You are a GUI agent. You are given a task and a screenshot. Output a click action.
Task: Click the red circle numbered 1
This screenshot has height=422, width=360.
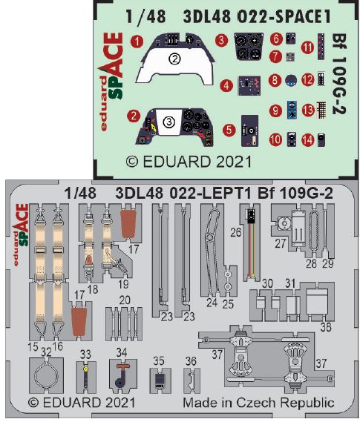pyautogui.click(x=137, y=42)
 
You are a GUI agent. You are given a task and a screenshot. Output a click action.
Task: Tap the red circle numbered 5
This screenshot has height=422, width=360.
pyautogui.click(x=229, y=130)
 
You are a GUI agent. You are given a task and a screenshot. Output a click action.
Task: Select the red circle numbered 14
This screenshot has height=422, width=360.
pyautogui.click(x=308, y=140)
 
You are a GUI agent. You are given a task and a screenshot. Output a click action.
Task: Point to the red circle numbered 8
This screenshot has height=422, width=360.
pyautogui.click(x=275, y=80)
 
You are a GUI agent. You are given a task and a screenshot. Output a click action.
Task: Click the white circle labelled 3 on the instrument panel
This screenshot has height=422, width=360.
pyautogui.click(x=169, y=122)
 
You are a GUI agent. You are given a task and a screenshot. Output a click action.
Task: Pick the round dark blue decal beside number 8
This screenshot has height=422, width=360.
pyautogui.click(x=291, y=81)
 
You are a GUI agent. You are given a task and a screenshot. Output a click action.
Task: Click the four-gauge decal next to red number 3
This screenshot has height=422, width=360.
pyautogui.click(x=248, y=46)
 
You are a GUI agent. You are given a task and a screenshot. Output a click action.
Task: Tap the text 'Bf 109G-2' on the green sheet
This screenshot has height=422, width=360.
pyautogui.click(x=339, y=73)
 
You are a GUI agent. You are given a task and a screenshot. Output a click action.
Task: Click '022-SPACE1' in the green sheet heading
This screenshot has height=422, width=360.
pyautogui.click(x=284, y=16)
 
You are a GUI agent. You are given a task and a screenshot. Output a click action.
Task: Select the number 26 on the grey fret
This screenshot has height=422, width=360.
pyautogui.click(x=236, y=232)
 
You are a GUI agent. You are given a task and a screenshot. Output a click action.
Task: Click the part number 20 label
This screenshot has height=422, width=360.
pyautogui.click(x=125, y=300)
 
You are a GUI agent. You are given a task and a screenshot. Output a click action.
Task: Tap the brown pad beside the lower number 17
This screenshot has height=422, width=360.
pyautogui.click(x=79, y=321)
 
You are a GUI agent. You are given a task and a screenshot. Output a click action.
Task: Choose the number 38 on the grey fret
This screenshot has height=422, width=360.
pyautogui.click(x=326, y=327)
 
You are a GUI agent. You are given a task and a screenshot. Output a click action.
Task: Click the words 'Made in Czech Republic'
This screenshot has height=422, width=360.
pyautogui.click(x=258, y=403)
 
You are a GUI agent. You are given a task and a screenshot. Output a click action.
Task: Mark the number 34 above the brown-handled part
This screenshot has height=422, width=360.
pyautogui.click(x=122, y=352)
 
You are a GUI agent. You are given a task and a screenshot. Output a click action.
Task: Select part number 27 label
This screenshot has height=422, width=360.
pyautogui.click(x=280, y=243)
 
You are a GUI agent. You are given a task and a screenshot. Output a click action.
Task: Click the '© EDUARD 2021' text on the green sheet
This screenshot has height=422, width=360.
pyautogui.click(x=189, y=162)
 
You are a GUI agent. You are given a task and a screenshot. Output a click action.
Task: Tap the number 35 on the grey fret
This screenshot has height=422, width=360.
pyautogui.click(x=159, y=360)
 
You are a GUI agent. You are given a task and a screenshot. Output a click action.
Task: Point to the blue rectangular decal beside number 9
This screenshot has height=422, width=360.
pyautogui.click(x=292, y=110)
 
